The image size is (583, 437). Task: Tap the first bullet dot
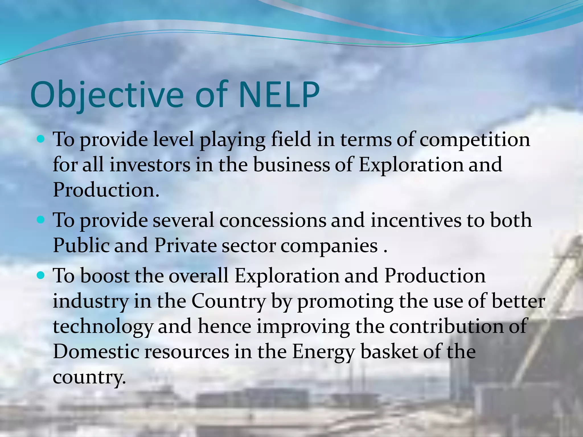(x=41, y=139)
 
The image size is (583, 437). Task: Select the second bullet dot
(x=41, y=220)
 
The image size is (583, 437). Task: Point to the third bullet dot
(x=41, y=275)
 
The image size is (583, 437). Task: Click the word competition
(x=475, y=140)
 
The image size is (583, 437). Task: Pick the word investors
(x=150, y=165)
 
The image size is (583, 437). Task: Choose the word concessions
(x=272, y=220)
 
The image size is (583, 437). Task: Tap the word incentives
(x=415, y=220)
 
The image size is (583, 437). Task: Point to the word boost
(x=104, y=276)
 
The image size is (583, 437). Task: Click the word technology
(x=103, y=327)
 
